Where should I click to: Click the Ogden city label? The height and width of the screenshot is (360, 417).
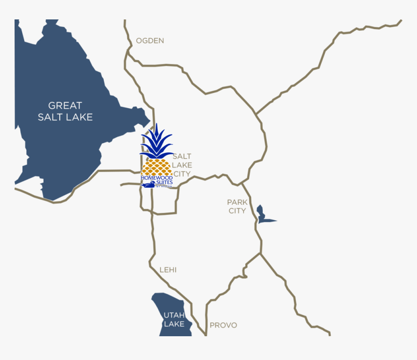click(150, 41)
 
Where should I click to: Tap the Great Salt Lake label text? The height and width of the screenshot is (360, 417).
click(65, 111)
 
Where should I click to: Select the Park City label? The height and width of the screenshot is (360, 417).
click(237, 206)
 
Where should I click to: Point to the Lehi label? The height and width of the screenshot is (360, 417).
click(168, 270)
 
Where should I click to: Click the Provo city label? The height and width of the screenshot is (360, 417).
click(223, 325)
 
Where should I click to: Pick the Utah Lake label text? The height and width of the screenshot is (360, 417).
click(174, 319)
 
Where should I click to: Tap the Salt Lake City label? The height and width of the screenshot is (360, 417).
click(182, 165)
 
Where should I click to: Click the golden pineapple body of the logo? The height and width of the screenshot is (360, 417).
click(156, 167)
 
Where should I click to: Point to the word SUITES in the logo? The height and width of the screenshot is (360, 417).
click(163, 182)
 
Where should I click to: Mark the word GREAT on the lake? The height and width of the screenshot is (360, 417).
click(65, 105)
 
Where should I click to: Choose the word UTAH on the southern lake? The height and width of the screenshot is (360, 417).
click(174, 315)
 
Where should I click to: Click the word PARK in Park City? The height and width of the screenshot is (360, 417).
click(237, 202)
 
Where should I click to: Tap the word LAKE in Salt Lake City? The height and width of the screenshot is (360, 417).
click(182, 165)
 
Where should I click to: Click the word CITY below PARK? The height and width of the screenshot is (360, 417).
click(238, 211)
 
